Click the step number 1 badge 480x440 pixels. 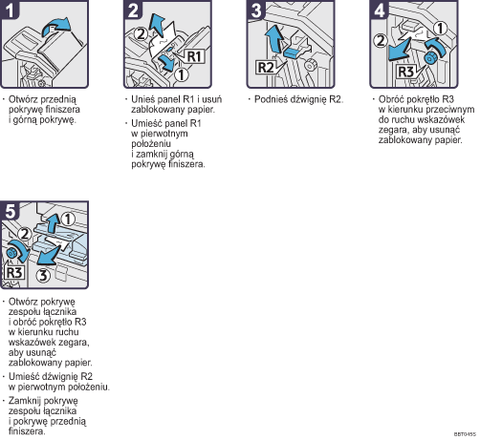(10, 10)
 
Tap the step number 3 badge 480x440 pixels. (256, 10)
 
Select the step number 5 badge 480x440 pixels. (10, 211)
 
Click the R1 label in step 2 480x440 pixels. (194, 56)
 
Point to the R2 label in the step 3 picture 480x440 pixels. (266, 68)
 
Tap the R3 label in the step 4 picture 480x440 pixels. (406, 72)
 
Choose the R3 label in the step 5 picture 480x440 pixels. (14, 273)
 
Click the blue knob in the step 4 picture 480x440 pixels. (430, 58)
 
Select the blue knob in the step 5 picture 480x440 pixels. (11, 253)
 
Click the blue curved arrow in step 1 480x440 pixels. (55, 26)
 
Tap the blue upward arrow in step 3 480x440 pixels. (274, 39)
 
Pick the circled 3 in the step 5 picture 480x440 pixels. (43, 275)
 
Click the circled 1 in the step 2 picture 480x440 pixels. (182, 75)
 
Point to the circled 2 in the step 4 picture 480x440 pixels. (380, 41)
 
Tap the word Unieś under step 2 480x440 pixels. (143, 99)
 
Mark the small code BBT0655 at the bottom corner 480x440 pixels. (465, 434)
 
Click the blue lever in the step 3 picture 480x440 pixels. (294, 52)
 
